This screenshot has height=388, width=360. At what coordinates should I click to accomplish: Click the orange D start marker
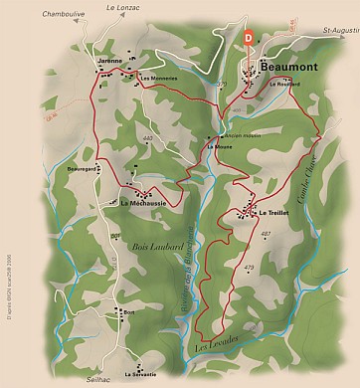(248, 38)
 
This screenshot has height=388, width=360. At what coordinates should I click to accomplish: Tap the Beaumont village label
(287, 67)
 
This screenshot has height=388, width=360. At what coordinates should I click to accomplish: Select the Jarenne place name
(109, 62)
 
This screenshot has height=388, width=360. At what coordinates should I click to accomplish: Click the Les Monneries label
(157, 79)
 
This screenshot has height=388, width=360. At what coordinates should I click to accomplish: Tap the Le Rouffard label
(285, 84)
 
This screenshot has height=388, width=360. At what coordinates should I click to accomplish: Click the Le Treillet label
(274, 213)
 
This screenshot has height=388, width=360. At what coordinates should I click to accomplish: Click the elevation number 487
(266, 234)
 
